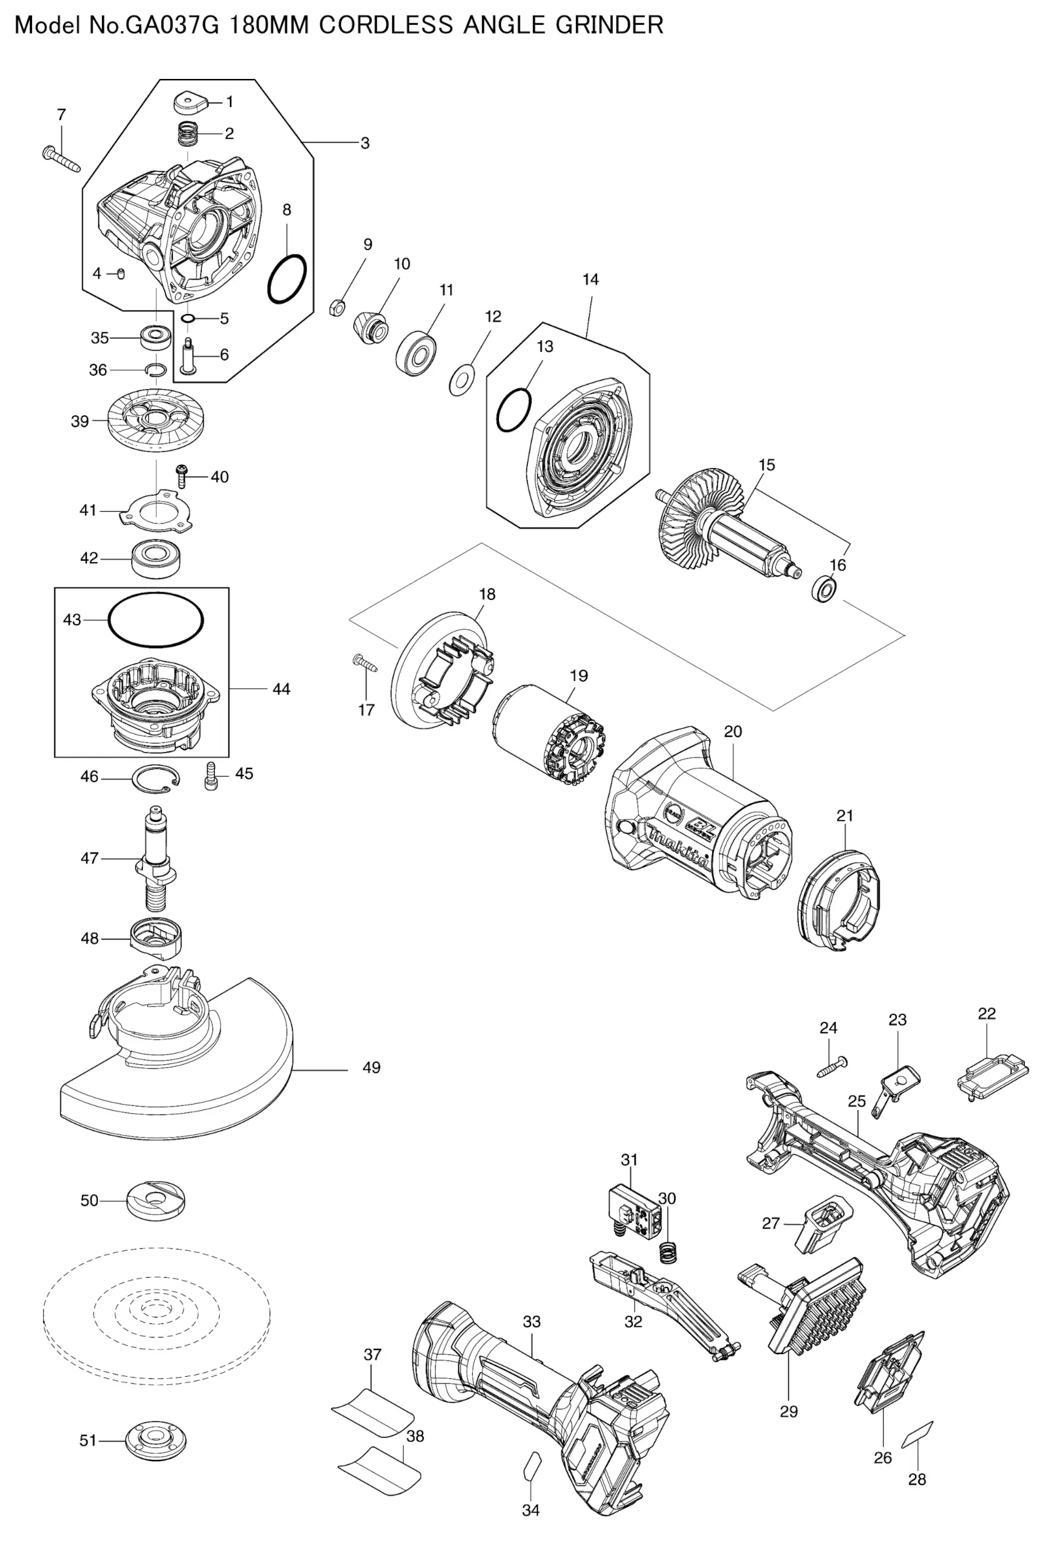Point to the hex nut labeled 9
[336, 307]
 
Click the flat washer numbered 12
[462, 379]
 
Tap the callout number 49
[372, 1067]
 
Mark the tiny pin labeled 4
[120, 274]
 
